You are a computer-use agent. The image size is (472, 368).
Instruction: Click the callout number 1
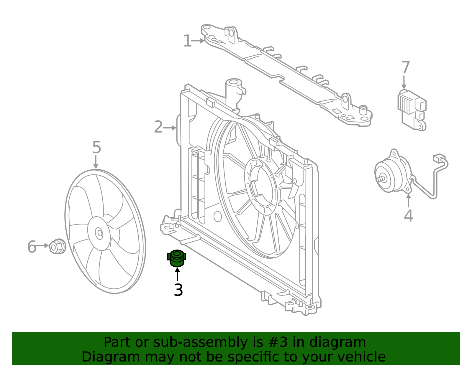(187, 41)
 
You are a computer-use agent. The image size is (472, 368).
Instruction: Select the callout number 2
(158, 127)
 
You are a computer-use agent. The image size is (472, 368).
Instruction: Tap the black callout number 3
(178, 290)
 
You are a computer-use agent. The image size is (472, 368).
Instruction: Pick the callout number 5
(97, 147)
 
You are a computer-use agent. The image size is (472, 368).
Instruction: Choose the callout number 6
(32, 247)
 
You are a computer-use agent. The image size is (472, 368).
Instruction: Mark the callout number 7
(406, 67)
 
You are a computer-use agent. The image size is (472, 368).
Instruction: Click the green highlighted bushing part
(177, 258)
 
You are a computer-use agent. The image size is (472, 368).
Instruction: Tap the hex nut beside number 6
(57, 246)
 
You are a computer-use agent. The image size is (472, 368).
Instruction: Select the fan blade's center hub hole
(100, 233)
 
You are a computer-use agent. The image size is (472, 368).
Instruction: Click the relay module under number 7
(412, 110)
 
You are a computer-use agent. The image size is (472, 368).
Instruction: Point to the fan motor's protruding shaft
(380, 179)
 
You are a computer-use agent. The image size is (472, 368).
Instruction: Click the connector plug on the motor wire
(439, 158)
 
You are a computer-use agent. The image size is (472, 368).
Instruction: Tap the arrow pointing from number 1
(198, 41)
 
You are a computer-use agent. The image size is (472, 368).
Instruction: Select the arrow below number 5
(96, 162)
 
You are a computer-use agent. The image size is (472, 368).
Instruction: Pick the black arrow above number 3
(178, 274)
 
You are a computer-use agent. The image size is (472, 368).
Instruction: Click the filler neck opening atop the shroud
(234, 82)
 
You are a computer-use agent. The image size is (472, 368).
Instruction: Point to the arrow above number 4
(408, 201)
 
